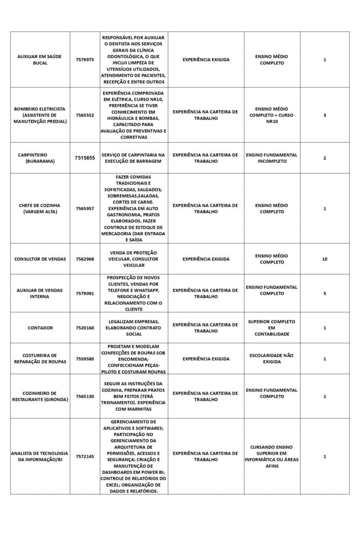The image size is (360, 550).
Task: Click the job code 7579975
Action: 85,60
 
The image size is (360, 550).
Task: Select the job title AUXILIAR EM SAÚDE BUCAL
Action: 40,60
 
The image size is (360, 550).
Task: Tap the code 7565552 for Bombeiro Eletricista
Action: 85,115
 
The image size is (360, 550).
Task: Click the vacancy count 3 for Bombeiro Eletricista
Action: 325,115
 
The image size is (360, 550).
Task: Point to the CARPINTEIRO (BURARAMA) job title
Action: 40,158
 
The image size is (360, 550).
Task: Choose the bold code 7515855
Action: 85,158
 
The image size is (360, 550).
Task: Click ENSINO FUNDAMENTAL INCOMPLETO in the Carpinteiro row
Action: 271,158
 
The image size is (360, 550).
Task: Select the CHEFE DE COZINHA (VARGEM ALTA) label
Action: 40,208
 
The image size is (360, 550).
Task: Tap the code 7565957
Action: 85,208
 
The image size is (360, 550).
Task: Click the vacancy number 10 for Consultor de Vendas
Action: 325,259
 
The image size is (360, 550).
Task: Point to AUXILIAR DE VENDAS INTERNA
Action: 40,293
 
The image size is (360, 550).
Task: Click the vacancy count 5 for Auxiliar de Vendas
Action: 325,293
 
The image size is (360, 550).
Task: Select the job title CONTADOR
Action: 40,328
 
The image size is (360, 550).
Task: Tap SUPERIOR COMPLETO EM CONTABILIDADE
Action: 271,328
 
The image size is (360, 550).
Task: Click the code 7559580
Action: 85,359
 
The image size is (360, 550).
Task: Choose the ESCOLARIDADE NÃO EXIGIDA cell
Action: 271,359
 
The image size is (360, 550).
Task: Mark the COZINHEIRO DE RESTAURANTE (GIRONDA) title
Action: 40,396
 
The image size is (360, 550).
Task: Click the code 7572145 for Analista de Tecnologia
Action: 85,457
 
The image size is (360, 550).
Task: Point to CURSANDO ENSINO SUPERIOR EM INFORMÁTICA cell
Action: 271,457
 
